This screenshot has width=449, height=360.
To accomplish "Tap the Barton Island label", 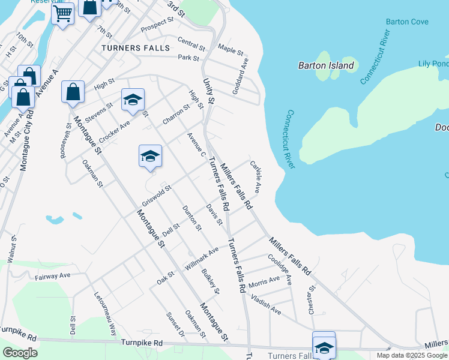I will click(x=326, y=65).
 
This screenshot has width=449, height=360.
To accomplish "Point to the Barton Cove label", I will click(x=407, y=22).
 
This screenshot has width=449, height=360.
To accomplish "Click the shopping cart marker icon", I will click(x=62, y=13).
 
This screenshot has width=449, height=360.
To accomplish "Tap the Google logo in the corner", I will click(x=20, y=353).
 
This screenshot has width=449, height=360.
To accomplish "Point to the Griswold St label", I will click(x=157, y=194).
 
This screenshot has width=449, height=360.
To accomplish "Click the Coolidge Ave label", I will click(x=281, y=270).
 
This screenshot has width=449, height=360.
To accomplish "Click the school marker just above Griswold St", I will click(x=149, y=157).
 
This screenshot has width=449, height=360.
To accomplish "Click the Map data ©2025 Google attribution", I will click(x=411, y=355).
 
